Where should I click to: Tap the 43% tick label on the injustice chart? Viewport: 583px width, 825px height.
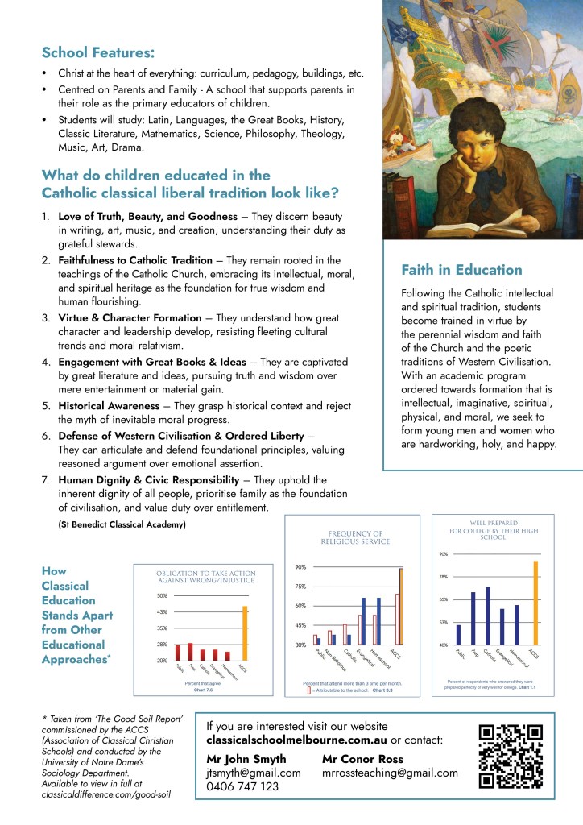pos(161,612)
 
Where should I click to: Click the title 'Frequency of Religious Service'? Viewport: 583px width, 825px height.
pos(359,537)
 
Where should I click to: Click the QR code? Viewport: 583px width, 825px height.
pos(511,756)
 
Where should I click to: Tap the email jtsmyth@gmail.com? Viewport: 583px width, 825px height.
pos(254,773)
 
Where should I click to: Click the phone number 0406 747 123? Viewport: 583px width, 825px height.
pos(242,786)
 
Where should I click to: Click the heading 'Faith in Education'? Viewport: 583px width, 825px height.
pos(461,270)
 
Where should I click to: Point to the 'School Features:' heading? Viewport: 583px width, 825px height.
pos(98,52)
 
